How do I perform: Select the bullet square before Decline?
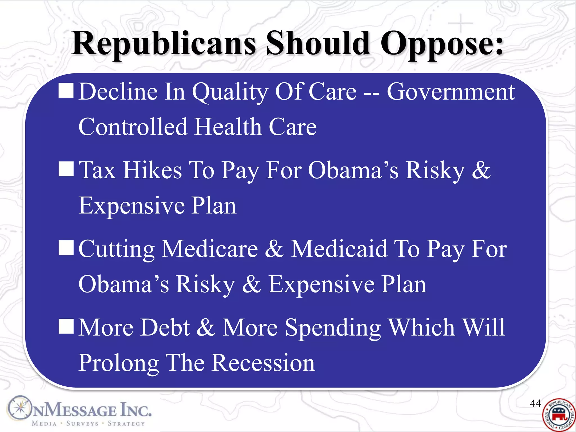point(66,90)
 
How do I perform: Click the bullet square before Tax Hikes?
point(66,169)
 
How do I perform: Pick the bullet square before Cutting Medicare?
point(66,248)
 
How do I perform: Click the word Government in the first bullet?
point(451,92)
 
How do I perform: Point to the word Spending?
point(333,328)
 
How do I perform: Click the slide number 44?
point(535,403)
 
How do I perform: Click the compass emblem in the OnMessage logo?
point(19,408)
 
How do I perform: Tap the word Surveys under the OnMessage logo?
point(82,423)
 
